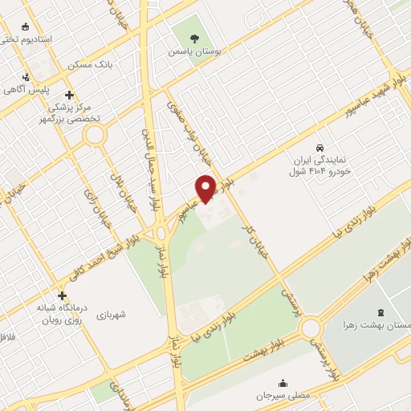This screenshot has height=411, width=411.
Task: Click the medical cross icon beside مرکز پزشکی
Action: tap(71, 92)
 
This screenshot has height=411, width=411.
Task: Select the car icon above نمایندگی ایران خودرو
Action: tap(320, 148)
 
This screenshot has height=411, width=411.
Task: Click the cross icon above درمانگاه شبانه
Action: tap(62, 295)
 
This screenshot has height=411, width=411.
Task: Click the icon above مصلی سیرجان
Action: tap(282, 382)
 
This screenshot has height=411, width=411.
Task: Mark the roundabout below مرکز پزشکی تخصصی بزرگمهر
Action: tap(96, 136)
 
